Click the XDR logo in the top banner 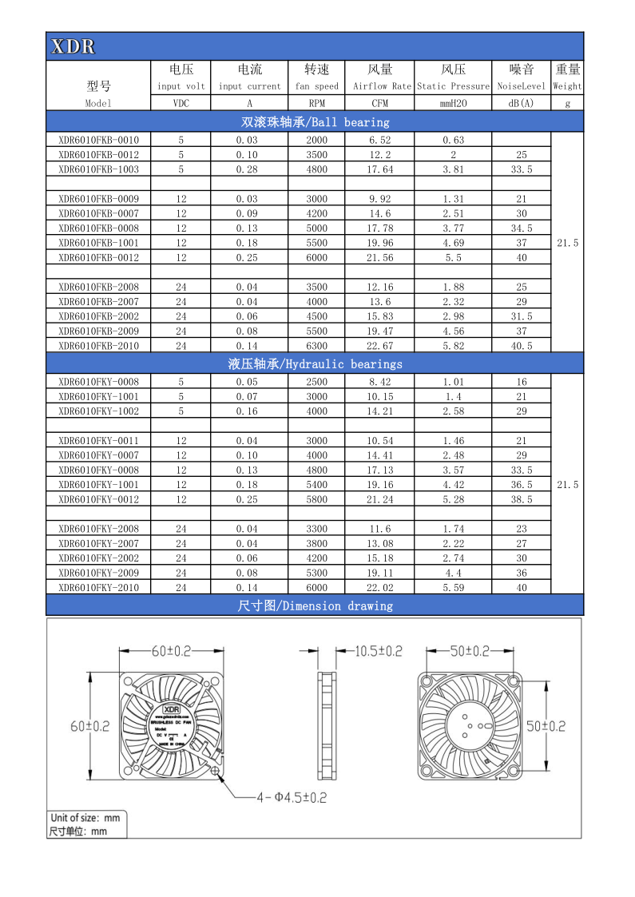[73, 46]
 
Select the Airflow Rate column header [380, 85]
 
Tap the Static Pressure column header [453, 85]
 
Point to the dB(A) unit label [521, 103]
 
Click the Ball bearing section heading [315, 122]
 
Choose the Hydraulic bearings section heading [315, 364]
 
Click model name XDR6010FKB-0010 [98, 140]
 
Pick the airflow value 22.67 [379, 346]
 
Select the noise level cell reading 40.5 [521, 346]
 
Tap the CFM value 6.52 [379, 140]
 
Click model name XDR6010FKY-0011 [98, 441]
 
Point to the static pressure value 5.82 [453, 346]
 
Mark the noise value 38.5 [521, 499]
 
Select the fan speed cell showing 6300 [317, 346]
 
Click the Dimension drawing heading [315, 606]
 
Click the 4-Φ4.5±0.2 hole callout [291, 797]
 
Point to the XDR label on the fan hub [172, 708]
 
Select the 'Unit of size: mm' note [85, 818]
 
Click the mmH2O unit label [453, 103]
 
